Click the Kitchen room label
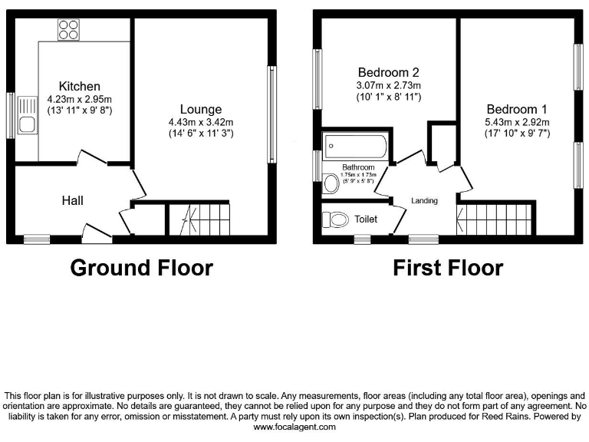[x=79, y=86]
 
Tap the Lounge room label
[x=201, y=109]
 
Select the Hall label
[x=73, y=201]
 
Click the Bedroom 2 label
[x=389, y=72]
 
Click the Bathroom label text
[x=358, y=167]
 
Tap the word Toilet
[x=366, y=219]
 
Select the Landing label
[x=425, y=201]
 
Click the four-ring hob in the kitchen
[x=68, y=30]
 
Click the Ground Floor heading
[x=141, y=268]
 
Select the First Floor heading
[x=448, y=268]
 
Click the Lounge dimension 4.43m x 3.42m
[x=201, y=121]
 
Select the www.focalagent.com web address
[x=294, y=427]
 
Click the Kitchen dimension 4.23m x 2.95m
[x=79, y=98]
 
